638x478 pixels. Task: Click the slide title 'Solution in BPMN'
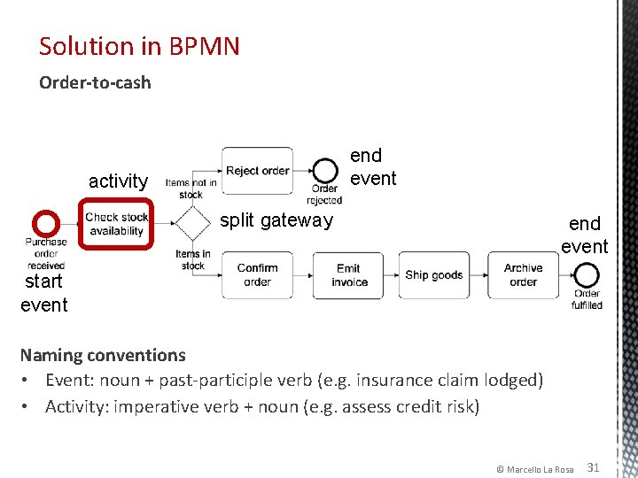point(139,46)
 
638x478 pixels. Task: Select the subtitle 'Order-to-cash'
point(95,83)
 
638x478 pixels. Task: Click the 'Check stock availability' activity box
point(116,224)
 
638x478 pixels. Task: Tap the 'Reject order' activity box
point(257,171)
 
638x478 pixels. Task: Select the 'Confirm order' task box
point(257,275)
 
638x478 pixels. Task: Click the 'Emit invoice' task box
point(349,275)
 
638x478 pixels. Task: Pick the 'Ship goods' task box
point(434,275)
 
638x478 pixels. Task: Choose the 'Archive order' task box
point(523,275)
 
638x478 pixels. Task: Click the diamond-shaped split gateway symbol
point(191,223)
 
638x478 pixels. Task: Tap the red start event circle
point(45,223)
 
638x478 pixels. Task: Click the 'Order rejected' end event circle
point(324,170)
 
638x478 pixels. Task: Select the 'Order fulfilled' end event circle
point(587,276)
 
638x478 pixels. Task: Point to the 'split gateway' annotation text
point(276,220)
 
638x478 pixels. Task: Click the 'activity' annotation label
point(118,181)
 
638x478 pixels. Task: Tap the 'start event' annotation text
point(43,293)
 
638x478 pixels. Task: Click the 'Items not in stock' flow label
point(191,189)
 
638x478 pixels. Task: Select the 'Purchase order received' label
point(45,253)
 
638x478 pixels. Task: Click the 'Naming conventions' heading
point(103,355)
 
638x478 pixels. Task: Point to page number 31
point(594,466)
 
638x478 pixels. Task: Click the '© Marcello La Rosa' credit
point(534,468)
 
